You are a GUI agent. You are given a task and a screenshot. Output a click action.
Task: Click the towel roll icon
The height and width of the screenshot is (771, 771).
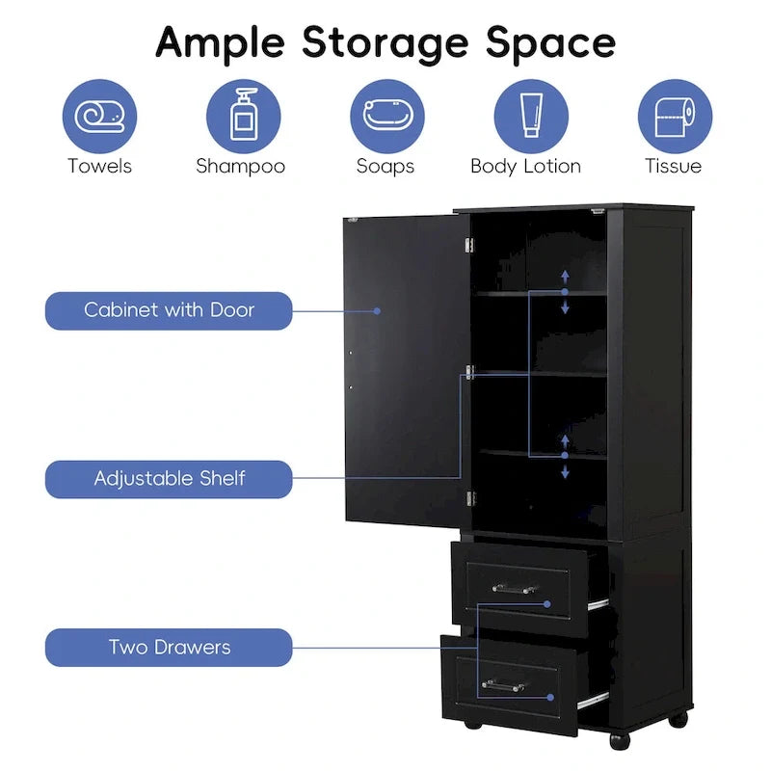pos(99,117)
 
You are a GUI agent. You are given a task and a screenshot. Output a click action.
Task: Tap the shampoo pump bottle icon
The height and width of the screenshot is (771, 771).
pos(244,115)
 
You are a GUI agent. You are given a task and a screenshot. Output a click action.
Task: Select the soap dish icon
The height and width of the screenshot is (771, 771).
pos(387,115)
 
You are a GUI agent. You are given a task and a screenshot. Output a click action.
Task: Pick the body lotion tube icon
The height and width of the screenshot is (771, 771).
pos(531,115)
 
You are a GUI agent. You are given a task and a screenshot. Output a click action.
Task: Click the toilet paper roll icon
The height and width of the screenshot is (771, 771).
pos(675,117)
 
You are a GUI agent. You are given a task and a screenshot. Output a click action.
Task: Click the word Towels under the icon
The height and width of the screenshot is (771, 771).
pos(100,166)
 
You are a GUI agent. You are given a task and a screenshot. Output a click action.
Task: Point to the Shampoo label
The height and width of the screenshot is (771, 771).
pos(240,167)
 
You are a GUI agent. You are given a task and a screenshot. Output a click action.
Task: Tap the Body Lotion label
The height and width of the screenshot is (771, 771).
pos(525,167)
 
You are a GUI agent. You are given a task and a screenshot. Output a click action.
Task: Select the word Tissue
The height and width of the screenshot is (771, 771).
pos(673,166)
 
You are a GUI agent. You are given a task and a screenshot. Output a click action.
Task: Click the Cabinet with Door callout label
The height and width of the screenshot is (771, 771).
pos(169,310)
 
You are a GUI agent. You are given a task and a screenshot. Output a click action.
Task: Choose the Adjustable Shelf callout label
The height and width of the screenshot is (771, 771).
pos(169,479)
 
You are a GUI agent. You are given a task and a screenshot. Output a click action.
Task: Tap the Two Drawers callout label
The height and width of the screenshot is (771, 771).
pos(169,648)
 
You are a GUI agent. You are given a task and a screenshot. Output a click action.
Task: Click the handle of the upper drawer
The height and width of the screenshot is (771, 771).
pos(515,588)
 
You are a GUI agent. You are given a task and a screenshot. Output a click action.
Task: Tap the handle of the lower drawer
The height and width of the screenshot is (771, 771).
pos(503,685)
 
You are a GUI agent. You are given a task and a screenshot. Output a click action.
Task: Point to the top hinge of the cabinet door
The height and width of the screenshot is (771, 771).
pos(469,245)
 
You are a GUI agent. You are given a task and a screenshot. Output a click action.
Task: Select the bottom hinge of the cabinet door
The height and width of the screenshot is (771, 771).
pos(470,498)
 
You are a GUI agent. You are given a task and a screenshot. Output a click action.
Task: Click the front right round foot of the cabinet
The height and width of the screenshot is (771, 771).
pos(620,741)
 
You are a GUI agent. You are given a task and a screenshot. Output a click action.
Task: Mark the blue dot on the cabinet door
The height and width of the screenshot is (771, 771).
pos(377,311)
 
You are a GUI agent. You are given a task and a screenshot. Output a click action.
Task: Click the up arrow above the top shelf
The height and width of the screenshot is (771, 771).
pos(565,277)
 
